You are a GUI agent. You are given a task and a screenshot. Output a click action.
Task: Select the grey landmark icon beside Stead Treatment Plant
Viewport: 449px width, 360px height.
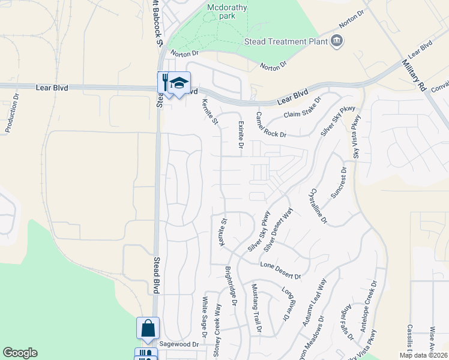[x=336, y=41]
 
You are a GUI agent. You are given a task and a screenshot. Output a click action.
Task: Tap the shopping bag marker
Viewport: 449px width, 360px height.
[x=148, y=328]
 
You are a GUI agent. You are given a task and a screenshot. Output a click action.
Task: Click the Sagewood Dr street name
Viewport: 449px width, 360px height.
[x=179, y=344]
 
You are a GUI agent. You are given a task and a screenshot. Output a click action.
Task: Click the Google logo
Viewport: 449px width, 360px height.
[x=20, y=353]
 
